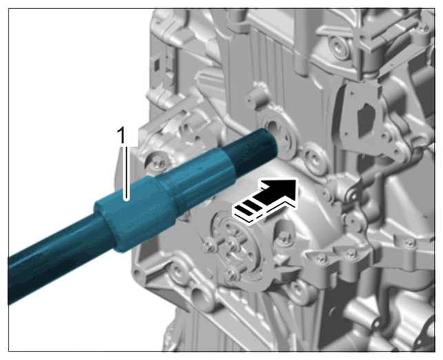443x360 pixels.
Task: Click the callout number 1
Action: (x=122, y=135)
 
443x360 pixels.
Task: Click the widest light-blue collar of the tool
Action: (x=136, y=218)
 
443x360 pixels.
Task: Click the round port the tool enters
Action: (x=278, y=132)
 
